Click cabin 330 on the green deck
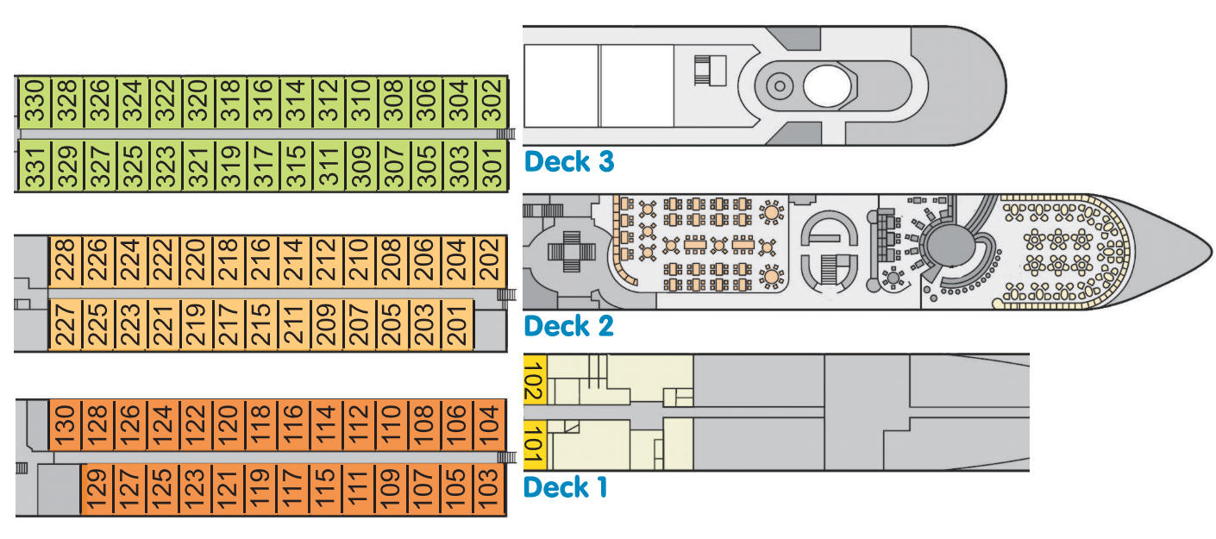(x=34, y=102)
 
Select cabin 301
(x=492, y=166)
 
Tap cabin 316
(x=263, y=102)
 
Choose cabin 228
(x=65, y=261)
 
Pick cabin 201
(x=457, y=324)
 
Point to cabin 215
(x=261, y=324)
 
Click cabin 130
(x=65, y=425)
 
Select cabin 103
(x=489, y=489)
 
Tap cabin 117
(x=293, y=489)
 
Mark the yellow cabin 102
(x=536, y=380)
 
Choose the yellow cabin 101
(x=536, y=445)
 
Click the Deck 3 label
(x=569, y=162)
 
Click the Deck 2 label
(x=569, y=326)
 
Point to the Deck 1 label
(x=565, y=487)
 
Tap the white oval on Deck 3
(x=827, y=86)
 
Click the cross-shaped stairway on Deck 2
(x=572, y=252)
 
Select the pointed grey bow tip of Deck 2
(x=1210, y=252)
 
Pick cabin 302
(x=492, y=102)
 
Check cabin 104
(x=489, y=425)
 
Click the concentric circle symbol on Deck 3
(x=780, y=85)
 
